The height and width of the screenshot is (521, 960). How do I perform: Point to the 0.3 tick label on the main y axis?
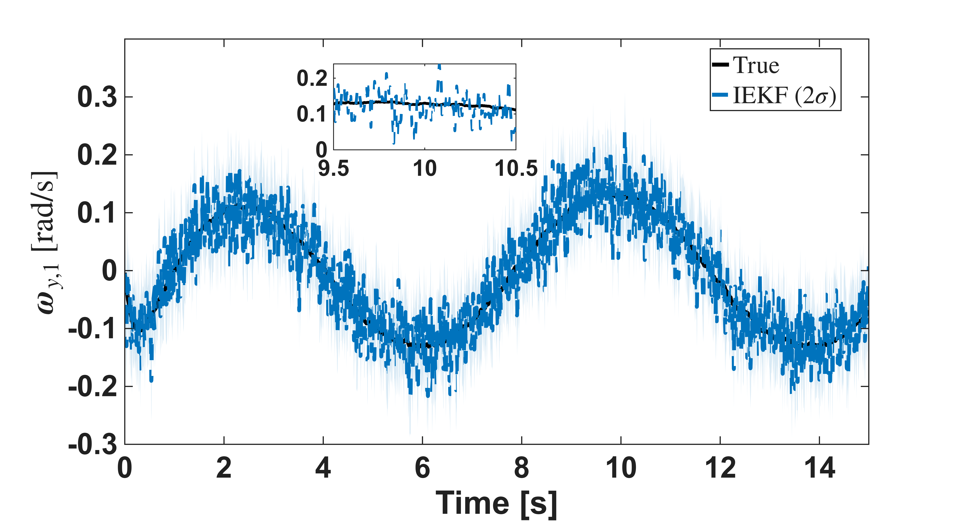pyautogui.click(x=97, y=97)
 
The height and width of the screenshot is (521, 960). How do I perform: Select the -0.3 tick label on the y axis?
pyautogui.click(x=92, y=444)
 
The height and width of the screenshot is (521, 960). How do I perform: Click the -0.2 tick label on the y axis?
pyautogui.click(x=92, y=386)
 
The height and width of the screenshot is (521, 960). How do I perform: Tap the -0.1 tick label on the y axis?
pyautogui.click(x=92, y=329)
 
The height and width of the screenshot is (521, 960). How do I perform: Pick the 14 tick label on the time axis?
pyautogui.click(x=819, y=468)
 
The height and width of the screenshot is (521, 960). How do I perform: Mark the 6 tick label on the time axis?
pyautogui.click(x=422, y=468)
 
